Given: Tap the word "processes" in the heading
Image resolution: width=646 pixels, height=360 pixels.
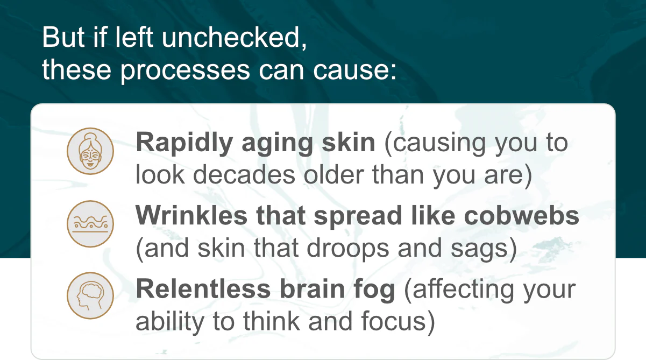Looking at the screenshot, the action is coord(185,70).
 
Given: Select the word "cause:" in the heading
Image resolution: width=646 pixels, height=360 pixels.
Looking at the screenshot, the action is coord(354,70).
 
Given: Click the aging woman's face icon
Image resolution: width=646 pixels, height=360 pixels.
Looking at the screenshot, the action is coord(90,151).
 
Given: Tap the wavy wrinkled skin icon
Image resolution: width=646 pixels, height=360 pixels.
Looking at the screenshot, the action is coord(90,224).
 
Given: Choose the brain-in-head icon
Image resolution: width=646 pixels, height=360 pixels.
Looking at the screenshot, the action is coord(90,295).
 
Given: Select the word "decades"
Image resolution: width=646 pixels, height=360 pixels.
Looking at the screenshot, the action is coord(244,174).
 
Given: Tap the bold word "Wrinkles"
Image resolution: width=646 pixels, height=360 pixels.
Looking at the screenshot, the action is coord(191,215).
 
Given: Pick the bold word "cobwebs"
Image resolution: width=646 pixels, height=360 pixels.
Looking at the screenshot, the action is coord(522,215).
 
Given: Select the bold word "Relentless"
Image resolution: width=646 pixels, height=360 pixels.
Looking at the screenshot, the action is coord(203,289).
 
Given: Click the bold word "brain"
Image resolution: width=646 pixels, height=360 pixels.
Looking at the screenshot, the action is coord(313,289).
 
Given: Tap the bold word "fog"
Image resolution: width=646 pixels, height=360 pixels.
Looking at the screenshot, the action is coord(374,290).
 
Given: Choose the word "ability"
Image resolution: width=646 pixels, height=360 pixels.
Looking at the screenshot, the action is coord(170,322).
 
